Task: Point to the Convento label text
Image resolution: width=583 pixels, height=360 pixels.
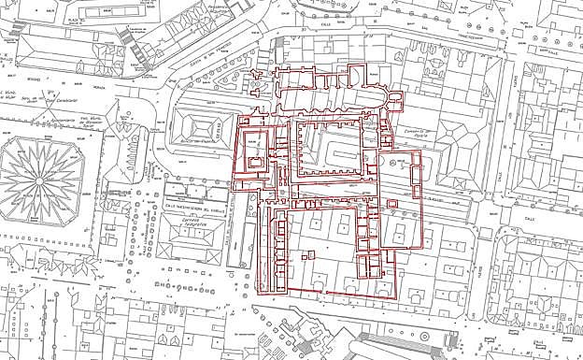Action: tap(401, 134)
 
